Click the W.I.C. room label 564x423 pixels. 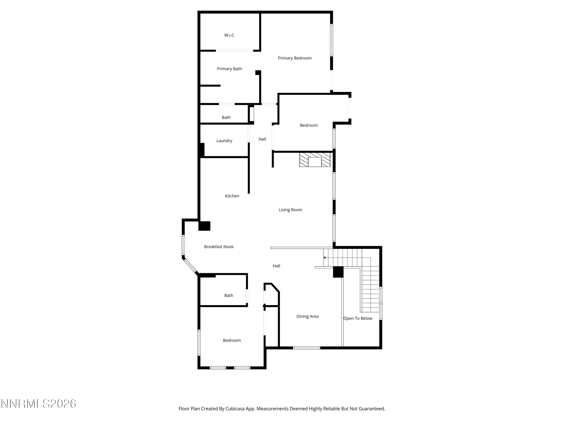click(230, 35)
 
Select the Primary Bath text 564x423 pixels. click(229, 69)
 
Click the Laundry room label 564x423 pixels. click(224, 141)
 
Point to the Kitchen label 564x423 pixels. click(232, 196)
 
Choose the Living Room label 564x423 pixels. click(290, 210)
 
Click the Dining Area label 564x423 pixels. click(307, 316)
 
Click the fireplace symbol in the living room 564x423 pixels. click(315, 160)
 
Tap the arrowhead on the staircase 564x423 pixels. click(324, 258)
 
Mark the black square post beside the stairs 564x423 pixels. click(338, 272)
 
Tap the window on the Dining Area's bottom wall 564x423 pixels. click(306, 348)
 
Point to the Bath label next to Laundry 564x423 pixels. click(226, 117)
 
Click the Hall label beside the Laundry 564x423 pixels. click(262, 139)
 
